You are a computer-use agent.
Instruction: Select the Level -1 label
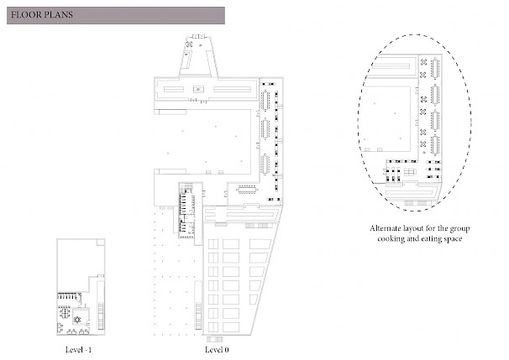78,350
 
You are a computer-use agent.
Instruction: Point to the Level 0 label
217,350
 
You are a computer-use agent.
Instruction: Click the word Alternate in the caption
385,228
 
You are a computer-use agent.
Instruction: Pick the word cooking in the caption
390,239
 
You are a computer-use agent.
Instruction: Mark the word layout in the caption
413,228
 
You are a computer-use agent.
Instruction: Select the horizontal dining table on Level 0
249,189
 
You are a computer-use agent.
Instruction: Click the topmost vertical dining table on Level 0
265,100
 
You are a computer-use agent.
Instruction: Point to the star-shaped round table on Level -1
77,320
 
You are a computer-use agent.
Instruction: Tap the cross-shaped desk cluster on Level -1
65,313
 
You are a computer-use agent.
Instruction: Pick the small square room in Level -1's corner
101,243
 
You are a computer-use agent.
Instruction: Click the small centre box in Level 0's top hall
199,89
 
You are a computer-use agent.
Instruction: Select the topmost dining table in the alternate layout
435,69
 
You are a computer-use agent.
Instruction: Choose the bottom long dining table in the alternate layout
435,145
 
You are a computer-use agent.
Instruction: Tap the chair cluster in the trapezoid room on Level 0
189,44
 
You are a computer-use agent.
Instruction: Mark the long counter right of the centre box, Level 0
233,89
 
